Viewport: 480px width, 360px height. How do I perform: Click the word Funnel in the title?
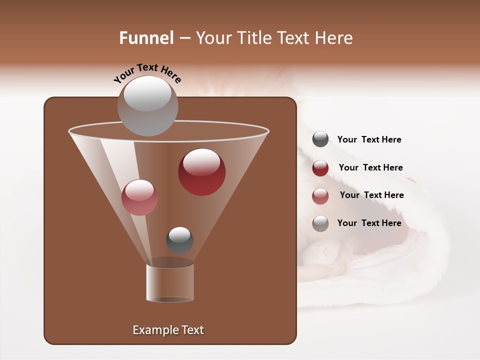[146, 38]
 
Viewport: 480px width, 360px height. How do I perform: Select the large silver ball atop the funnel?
[147, 105]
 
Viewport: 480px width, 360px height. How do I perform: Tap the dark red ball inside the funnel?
[202, 172]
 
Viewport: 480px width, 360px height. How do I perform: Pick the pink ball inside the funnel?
[139, 197]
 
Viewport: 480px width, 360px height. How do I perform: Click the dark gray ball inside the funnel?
[179, 240]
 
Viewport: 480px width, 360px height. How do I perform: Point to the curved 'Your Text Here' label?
[147, 73]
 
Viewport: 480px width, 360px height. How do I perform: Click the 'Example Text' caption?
[168, 330]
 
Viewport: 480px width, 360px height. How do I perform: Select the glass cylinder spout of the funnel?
[170, 282]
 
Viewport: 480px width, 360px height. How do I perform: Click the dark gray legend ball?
[320, 139]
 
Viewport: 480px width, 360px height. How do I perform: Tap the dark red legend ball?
[320, 168]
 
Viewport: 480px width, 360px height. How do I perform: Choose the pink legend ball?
[320, 196]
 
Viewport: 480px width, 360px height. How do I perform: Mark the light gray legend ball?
[320, 223]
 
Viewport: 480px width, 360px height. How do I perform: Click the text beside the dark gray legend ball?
[369, 140]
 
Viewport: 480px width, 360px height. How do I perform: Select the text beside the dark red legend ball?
[370, 168]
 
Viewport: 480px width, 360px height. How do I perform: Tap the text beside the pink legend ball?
[371, 195]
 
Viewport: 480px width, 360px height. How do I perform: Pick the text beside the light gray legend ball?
[369, 223]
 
